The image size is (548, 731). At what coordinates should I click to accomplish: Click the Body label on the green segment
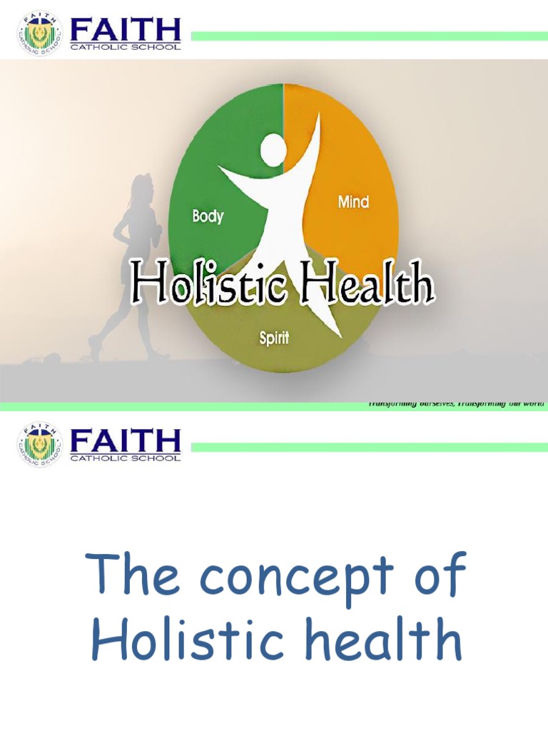208,216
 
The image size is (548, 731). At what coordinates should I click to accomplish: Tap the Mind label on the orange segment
353,202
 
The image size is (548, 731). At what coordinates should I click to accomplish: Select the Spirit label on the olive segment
274,338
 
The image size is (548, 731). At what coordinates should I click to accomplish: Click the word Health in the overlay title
367,283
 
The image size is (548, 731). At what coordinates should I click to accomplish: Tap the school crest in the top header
40,34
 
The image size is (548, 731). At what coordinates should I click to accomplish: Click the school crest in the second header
40,446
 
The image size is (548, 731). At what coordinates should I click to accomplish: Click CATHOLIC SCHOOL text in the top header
126,46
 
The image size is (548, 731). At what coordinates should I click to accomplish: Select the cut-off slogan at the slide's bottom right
457,404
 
